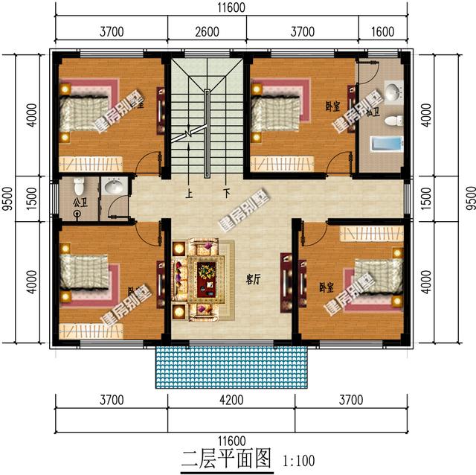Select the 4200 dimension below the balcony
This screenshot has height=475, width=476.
[x=231, y=401]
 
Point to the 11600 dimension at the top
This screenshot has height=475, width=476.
[x=233, y=8]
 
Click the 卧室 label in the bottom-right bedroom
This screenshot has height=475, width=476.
[x=326, y=286]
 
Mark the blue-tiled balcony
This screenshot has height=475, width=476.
[x=231, y=366]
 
